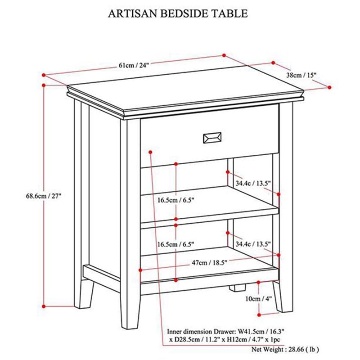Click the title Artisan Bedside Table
(x=178, y=13)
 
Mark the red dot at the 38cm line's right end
(x=330, y=87)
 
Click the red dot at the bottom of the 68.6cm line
(x=44, y=306)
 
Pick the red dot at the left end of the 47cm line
(x=141, y=270)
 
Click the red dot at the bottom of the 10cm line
(x=260, y=315)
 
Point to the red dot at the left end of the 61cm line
(x=44, y=75)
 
